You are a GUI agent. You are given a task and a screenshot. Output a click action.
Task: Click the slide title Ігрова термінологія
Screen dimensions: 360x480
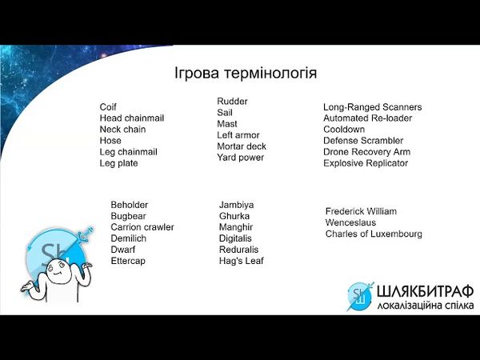point(246,74)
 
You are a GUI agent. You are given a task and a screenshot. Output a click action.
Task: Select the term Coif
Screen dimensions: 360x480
point(108,107)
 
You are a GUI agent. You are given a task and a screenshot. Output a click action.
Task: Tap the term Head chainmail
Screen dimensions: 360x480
point(132,118)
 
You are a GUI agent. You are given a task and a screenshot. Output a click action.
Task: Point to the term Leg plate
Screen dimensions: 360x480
point(118,163)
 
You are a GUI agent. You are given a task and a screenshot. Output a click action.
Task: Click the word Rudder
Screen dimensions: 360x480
point(232,102)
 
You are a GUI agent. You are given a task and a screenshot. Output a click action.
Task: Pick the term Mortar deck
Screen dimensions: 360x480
point(242,146)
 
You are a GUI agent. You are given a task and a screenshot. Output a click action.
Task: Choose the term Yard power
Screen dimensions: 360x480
point(240,158)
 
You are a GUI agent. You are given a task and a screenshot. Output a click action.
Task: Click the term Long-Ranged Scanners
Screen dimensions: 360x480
point(372,107)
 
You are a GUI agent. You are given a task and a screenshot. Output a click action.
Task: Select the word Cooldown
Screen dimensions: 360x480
point(344,130)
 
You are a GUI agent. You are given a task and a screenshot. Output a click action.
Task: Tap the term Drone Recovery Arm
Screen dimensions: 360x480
point(366,152)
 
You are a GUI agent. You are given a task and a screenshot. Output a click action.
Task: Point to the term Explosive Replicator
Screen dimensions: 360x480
point(366,163)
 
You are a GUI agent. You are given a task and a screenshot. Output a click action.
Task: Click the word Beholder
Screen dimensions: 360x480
point(129,205)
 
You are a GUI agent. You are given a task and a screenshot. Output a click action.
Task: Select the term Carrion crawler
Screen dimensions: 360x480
point(142,227)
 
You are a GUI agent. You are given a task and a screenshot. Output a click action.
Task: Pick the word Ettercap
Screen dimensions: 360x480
point(128,261)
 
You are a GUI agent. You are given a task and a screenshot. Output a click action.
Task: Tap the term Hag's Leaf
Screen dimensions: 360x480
point(241,261)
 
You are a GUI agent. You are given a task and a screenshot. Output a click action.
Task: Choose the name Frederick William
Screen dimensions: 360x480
point(361,211)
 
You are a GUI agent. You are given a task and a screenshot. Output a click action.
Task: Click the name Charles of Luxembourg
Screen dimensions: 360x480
point(374,234)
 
